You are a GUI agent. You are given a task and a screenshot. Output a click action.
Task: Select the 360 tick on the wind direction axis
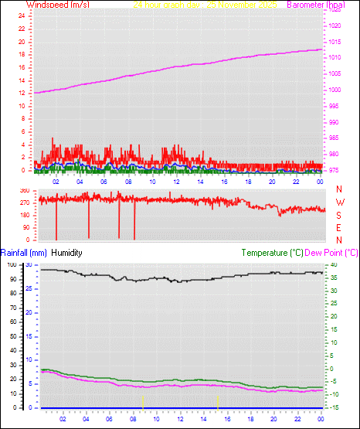(x=23, y=190)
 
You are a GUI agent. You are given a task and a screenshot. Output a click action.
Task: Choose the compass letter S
(x=339, y=216)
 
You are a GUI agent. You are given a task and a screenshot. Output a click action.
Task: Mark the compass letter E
(x=339, y=228)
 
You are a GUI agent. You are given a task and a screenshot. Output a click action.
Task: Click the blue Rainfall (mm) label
(x=24, y=253)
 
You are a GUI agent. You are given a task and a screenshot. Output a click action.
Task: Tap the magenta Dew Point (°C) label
(x=331, y=253)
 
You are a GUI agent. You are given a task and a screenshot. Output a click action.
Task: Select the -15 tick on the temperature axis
(x=331, y=407)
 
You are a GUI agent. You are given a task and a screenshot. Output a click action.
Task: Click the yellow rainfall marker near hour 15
(x=219, y=401)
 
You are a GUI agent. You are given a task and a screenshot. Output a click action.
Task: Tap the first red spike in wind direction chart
(x=56, y=220)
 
